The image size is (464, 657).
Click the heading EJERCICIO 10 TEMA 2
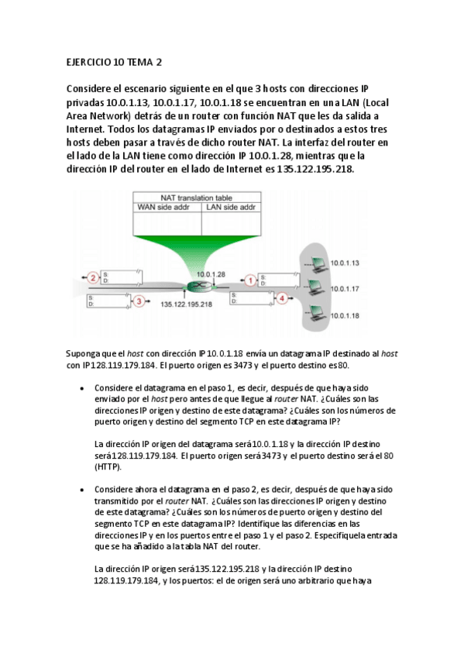115,62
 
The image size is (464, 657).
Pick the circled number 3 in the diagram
139,301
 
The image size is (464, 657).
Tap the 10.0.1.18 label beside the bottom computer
345,315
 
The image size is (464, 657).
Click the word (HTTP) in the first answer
108,467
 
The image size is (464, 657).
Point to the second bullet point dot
82,490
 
